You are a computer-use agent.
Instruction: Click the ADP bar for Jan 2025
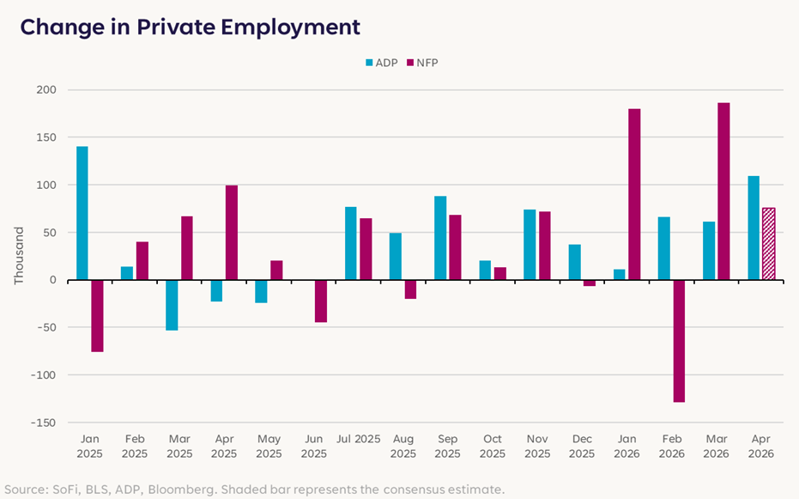point(82,213)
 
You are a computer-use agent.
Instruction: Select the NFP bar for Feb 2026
point(679,341)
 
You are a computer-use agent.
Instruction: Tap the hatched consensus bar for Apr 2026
point(768,244)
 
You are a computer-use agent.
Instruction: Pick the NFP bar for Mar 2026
point(723,192)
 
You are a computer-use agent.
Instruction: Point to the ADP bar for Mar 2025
point(172,305)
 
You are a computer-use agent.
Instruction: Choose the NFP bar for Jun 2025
point(321,301)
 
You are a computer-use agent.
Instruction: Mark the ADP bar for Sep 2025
point(440,238)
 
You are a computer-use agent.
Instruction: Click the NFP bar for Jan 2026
point(634,194)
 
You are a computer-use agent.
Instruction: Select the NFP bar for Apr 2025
point(232,233)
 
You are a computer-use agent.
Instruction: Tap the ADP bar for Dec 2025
point(575,262)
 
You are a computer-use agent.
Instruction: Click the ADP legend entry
point(382,63)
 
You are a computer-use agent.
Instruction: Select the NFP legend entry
point(422,63)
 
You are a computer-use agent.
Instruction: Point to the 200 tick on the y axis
point(46,89)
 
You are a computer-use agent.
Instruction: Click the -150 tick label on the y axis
point(43,423)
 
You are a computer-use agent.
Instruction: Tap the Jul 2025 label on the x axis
point(358,439)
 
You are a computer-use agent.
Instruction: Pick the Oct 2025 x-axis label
point(493,446)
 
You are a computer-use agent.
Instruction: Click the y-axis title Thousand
point(19,255)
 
